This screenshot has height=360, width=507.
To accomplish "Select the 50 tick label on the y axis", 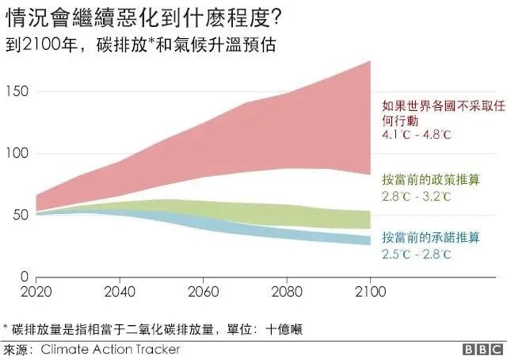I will pos(21,214).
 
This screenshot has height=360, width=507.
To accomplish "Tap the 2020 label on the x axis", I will pos(36,291).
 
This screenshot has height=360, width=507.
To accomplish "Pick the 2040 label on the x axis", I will pos(119,291).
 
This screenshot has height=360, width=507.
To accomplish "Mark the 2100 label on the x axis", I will pos(370,291).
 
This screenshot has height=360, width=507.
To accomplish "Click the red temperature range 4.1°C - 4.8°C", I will pos(416,135).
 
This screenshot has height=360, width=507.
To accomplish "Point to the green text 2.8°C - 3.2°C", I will pos(416,194).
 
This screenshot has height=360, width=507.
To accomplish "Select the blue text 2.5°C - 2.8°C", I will pos(416,255).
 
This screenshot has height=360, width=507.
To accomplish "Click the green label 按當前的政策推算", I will pos(432,178).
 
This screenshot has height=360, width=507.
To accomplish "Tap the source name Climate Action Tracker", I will pos(110,349).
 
